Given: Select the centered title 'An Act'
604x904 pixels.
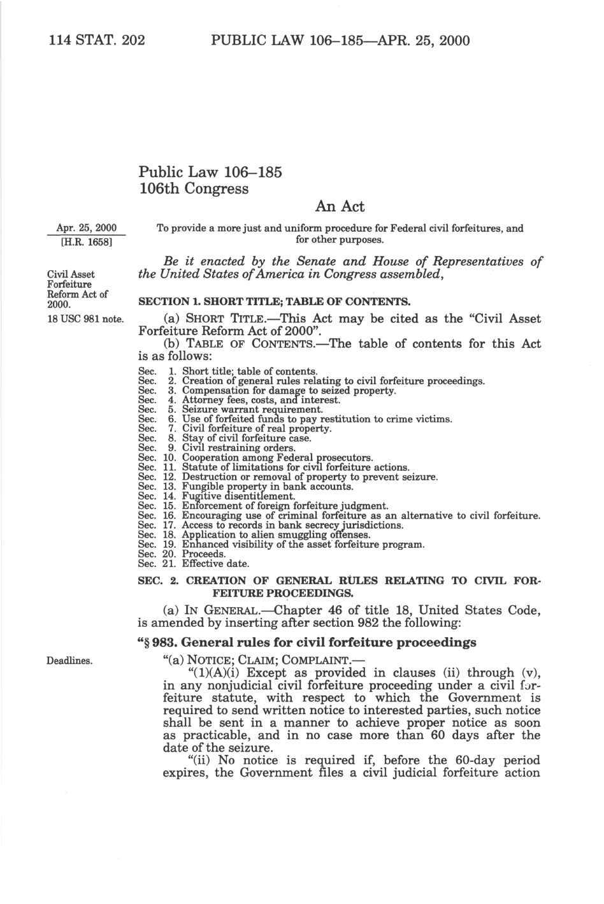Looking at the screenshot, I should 340,206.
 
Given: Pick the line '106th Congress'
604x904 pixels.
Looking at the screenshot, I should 194,189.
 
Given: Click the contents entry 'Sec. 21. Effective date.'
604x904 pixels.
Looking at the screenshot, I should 194,564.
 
